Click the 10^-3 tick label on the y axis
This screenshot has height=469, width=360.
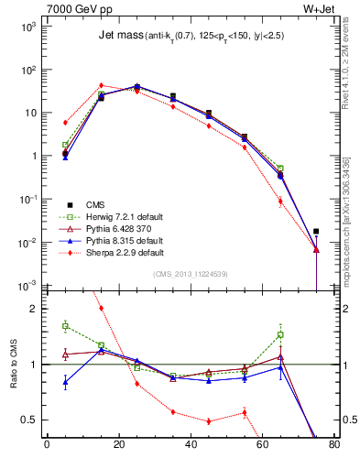pyautogui.click(x=28, y=286)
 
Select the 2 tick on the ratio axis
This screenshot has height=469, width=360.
pyautogui.click(x=31, y=309)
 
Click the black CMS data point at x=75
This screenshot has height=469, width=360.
pyautogui.click(x=316, y=232)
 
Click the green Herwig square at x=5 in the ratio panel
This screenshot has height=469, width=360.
pyautogui.click(x=65, y=326)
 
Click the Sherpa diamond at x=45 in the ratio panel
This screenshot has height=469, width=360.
pyautogui.click(x=209, y=421)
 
